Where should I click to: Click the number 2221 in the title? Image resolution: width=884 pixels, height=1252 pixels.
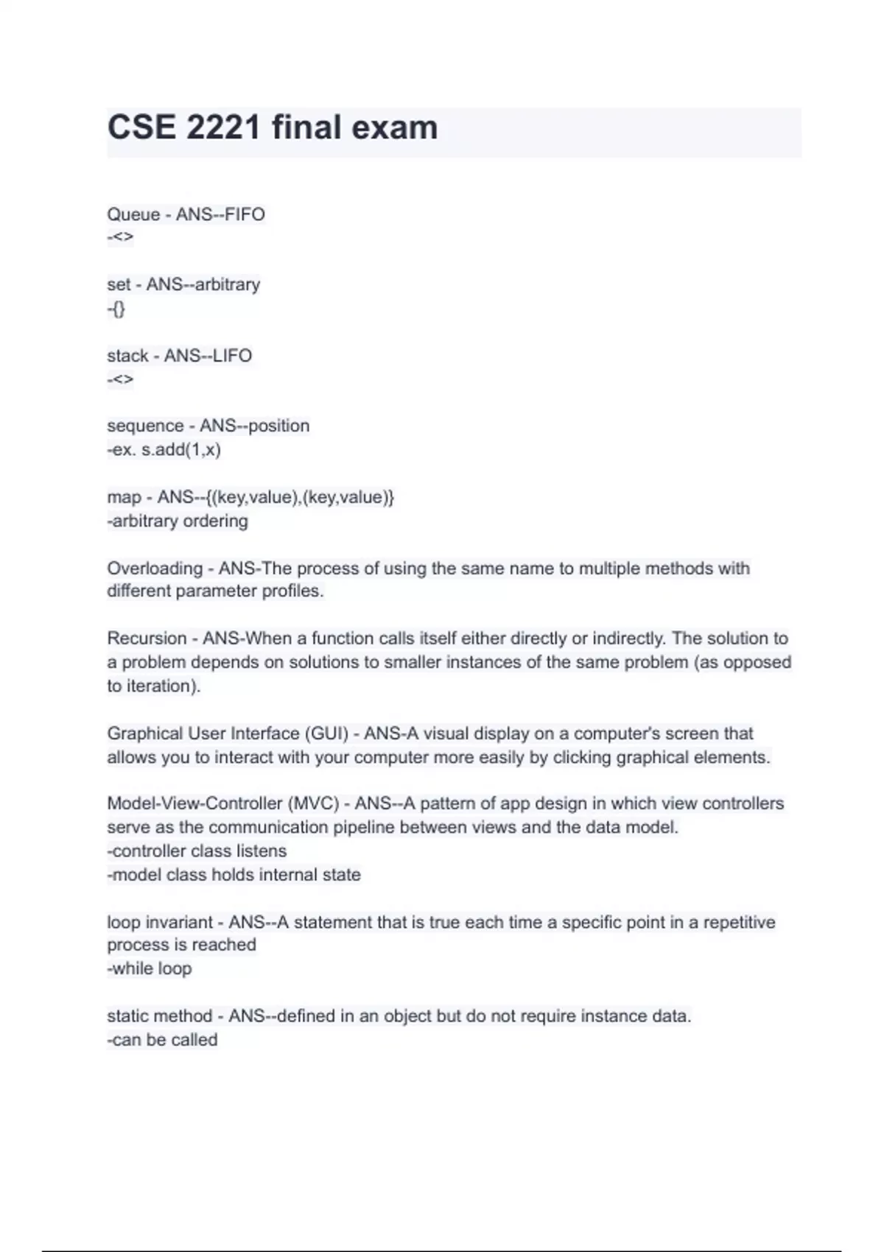[x=223, y=127]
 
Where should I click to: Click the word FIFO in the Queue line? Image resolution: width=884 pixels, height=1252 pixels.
[x=245, y=214]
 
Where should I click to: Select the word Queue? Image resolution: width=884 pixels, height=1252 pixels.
[x=133, y=214]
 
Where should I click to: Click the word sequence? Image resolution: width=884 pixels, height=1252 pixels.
[x=145, y=426]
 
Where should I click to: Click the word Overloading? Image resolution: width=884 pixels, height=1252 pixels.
[x=155, y=569]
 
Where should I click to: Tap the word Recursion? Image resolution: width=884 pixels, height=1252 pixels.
[x=147, y=639]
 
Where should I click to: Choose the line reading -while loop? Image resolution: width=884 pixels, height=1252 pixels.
[x=150, y=968]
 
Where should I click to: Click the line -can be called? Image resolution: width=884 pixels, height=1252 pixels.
[x=163, y=1040]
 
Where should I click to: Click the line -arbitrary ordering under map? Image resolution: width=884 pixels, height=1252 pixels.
[x=178, y=521]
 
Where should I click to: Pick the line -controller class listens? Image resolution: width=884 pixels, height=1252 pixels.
[x=197, y=851]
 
